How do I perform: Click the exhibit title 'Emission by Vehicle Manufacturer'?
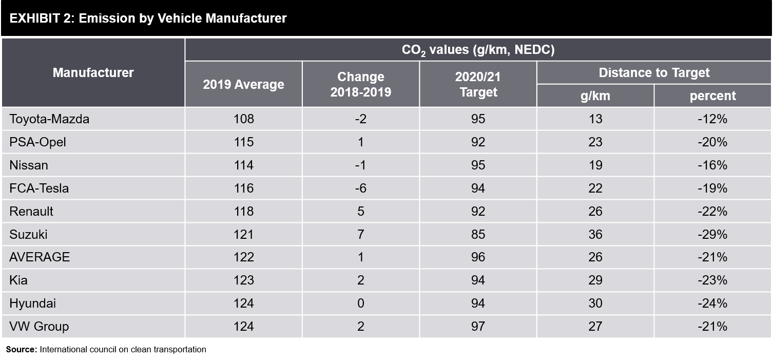coord(148,18)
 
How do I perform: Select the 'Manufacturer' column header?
coord(93,73)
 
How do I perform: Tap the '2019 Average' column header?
coord(243,85)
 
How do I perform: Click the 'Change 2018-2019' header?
coord(360,85)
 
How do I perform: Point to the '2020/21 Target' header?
coord(478,85)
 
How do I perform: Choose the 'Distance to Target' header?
coord(654,73)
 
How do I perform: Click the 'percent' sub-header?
coord(712,96)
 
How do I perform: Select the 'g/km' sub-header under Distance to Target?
coord(595,96)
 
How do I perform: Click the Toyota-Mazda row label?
coord(49,119)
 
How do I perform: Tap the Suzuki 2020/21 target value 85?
coord(478,235)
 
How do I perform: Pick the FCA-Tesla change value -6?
coord(360,188)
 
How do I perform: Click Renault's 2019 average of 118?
coord(243,212)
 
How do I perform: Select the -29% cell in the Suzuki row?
coord(712,235)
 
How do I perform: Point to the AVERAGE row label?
coord(40,257)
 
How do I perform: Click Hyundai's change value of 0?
coord(360,304)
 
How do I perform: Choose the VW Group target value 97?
coord(478,327)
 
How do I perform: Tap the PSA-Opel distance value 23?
coord(595,142)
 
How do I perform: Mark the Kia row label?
coord(18,280)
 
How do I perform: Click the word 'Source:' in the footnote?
coord(22,350)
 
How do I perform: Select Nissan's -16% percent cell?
coord(712,165)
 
